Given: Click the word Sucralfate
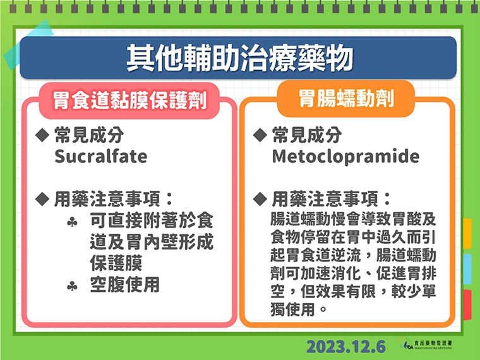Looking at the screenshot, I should point(100,156).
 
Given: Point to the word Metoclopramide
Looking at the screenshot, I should point(345,156).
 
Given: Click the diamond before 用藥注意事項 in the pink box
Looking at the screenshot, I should point(42,199).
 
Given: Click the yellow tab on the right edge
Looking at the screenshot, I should point(467,234).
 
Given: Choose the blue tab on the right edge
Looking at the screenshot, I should point(467,269).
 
